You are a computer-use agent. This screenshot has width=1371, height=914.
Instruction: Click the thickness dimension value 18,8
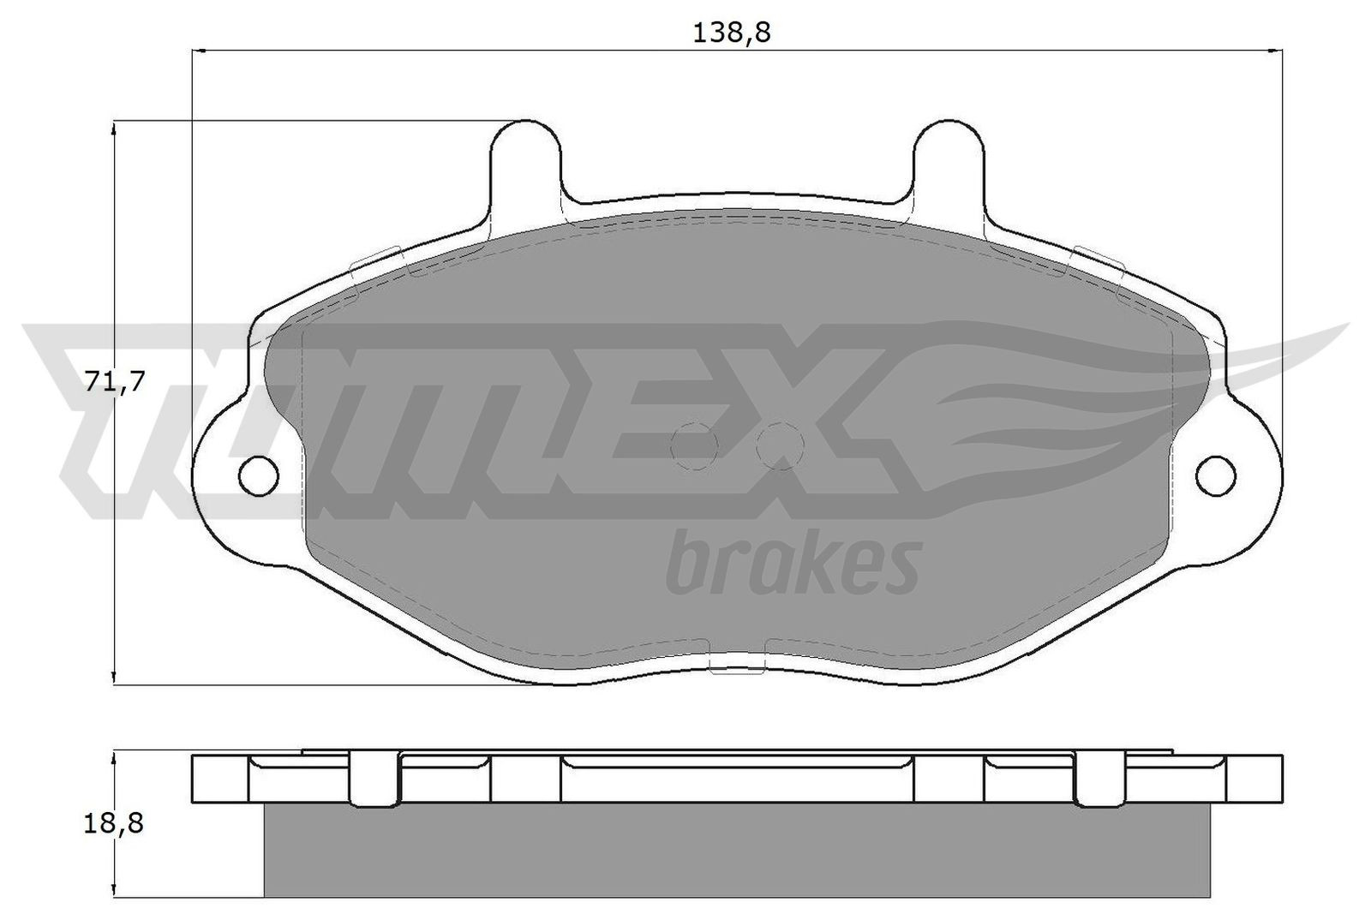pos(114,824)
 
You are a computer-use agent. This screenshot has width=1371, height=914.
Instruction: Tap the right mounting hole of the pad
pos(1218,475)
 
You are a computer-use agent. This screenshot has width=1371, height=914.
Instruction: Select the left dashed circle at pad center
pos(694,445)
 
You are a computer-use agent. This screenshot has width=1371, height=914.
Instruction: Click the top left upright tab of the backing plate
pos(526,158)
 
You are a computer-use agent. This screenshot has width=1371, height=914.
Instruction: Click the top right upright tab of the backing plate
pos(949,158)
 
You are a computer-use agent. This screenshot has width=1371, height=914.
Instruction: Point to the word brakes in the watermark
pos(793,565)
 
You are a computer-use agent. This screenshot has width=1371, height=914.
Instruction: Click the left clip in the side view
pos(375,778)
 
